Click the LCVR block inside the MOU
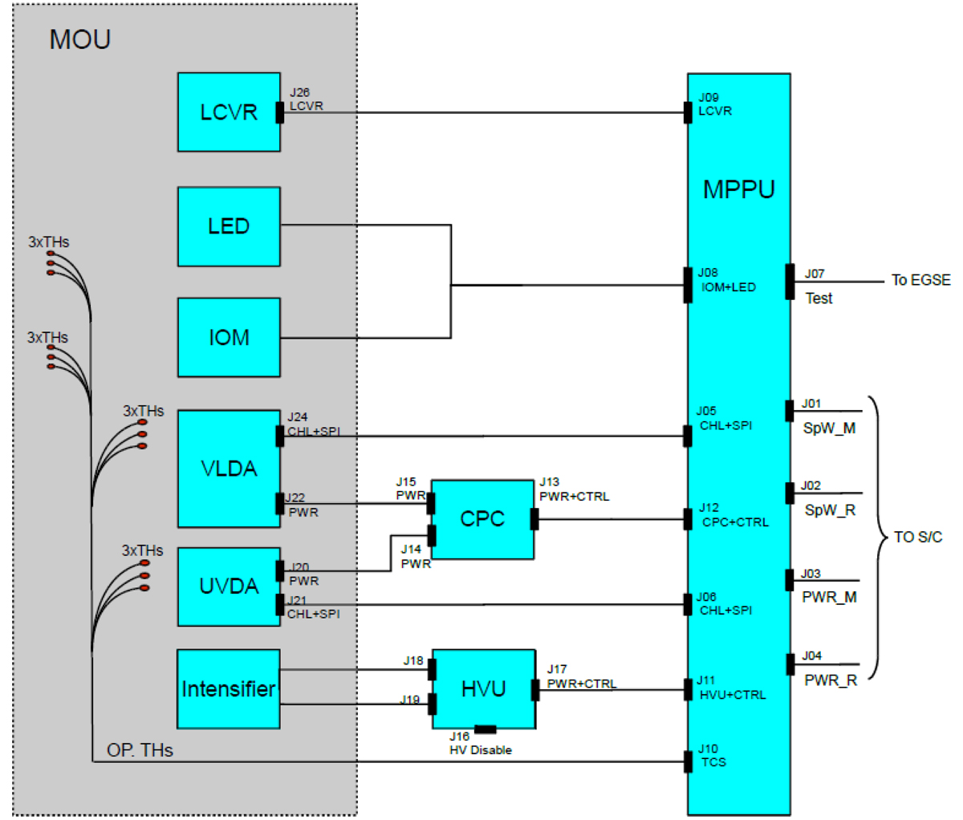229,112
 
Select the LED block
229,226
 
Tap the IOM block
229,337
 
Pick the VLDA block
229,469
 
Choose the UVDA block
229,587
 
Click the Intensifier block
229,689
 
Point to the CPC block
482,519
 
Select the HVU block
484,689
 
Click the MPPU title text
738,190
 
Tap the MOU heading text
80,40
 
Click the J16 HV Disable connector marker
485,729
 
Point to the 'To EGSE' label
920,280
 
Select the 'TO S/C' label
917,537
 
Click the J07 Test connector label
817,286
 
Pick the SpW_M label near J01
829,428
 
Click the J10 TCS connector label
711,756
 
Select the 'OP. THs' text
140,750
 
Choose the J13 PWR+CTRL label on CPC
573,489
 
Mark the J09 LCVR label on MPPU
714,104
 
